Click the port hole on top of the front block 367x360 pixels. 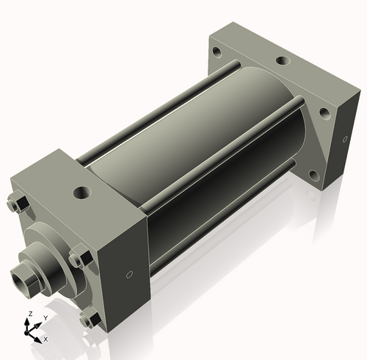click(x=80, y=194)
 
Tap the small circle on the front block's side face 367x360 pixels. click(x=129, y=275)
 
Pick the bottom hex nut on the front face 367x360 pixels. click(x=90, y=318)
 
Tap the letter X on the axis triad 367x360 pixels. click(x=45, y=339)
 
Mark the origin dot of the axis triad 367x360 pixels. click(x=31, y=331)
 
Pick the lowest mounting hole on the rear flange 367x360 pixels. click(x=313, y=175)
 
